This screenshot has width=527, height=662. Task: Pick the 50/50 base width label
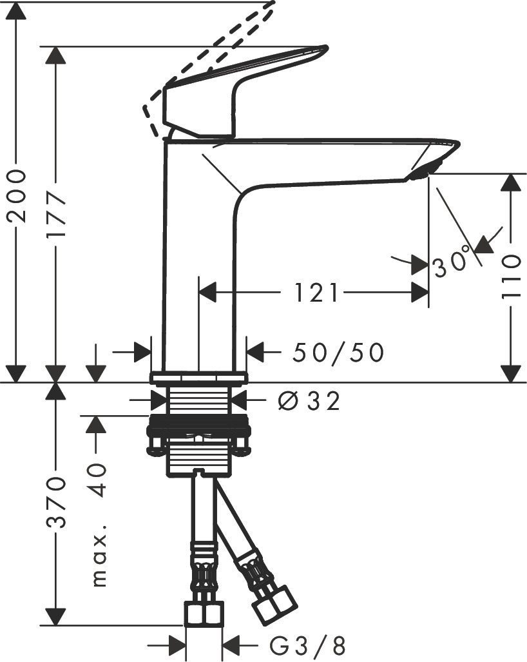(x=338, y=352)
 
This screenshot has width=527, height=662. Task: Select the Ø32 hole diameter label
(x=309, y=401)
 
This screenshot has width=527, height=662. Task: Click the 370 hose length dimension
(x=57, y=503)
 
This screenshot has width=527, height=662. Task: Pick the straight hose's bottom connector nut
(x=204, y=613)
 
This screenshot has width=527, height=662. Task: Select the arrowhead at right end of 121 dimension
(x=421, y=293)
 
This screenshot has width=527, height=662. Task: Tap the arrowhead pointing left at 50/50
(x=255, y=352)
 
